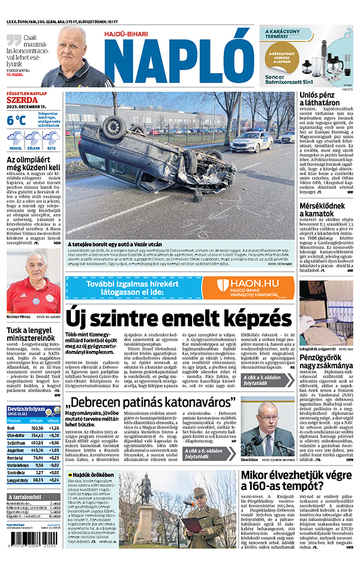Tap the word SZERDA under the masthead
coord(22,101)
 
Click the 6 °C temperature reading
coord(16,119)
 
